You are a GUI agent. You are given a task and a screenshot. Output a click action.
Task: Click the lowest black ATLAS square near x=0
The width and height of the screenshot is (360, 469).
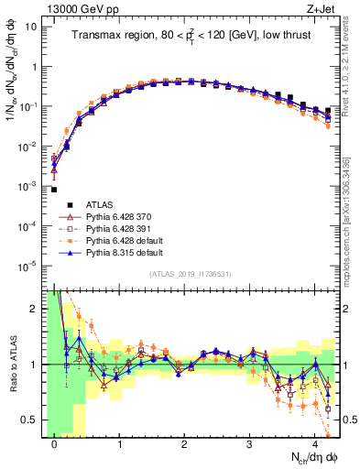click(x=54, y=190)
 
